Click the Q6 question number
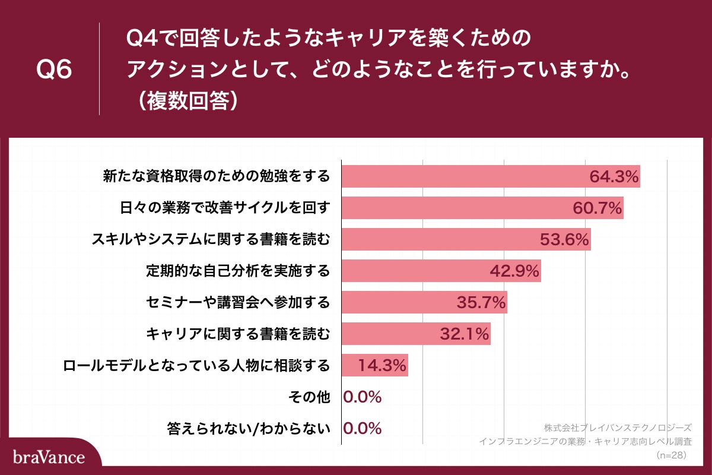click(x=54, y=70)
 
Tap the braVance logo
click(x=49, y=457)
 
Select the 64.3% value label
click(x=614, y=176)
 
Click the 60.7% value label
click(x=597, y=208)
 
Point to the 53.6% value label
click(x=564, y=239)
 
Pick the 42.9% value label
click(x=514, y=271)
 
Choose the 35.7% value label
click(x=481, y=302)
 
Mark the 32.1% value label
click(x=465, y=334)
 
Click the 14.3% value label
click(x=382, y=366)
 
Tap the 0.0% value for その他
click(x=363, y=397)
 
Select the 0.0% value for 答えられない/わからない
click(x=363, y=429)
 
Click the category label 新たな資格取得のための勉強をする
click(x=216, y=176)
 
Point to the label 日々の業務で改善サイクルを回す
click(x=224, y=208)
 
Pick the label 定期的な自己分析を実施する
click(x=237, y=271)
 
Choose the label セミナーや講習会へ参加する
click(x=237, y=302)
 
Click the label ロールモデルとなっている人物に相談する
click(x=196, y=366)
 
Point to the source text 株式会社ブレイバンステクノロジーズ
click(x=617, y=427)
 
